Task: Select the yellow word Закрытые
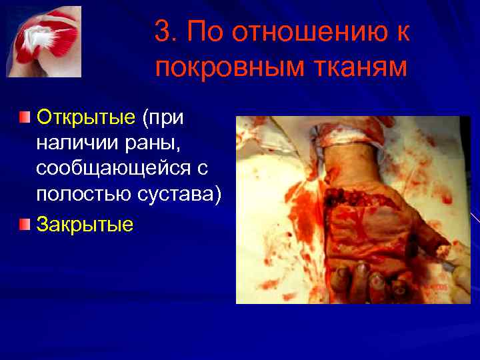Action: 85,223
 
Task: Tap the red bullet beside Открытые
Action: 25,118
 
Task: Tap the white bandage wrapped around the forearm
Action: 348,137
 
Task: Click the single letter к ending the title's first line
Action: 403,31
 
